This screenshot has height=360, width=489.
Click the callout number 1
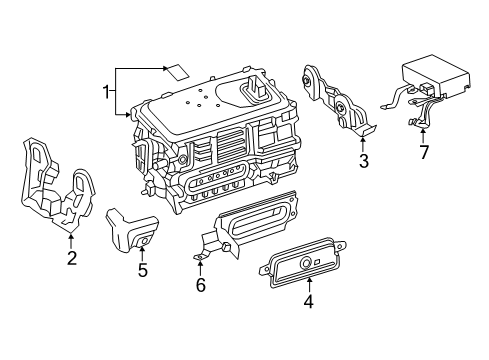106,92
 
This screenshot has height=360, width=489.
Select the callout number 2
72,258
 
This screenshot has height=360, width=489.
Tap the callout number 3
364,161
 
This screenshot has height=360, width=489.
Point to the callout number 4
309,301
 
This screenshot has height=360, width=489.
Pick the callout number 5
142,270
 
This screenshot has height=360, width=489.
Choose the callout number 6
200,285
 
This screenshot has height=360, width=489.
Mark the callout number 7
423,153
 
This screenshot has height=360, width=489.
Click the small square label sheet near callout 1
177,72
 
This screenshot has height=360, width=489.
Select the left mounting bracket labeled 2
57,184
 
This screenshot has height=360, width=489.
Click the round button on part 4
305,264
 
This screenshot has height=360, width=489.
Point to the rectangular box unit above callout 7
436,75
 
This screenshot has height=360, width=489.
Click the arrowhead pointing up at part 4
310,280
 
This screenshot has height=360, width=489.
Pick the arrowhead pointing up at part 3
363,139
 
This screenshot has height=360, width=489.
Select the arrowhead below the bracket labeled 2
71,236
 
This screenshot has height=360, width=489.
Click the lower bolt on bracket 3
340,107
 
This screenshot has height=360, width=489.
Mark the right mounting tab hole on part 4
340,247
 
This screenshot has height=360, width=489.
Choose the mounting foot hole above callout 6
199,257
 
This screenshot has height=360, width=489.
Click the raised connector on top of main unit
256,87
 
